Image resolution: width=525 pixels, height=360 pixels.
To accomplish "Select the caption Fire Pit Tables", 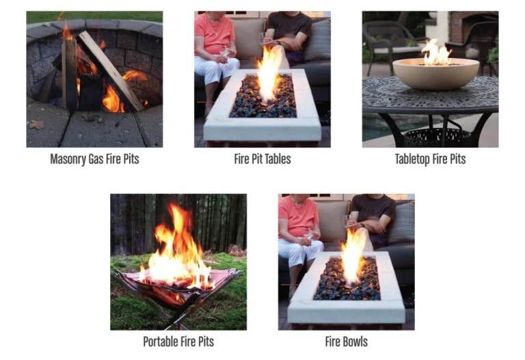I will (x=262, y=159).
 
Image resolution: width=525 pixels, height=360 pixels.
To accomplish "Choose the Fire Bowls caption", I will (x=346, y=342).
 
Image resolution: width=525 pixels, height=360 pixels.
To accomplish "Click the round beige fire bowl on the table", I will (x=435, y=73).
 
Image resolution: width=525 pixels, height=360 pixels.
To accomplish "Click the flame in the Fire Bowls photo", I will (x=353, y=254).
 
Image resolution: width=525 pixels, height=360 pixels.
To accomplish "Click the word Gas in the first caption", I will (x=105, y=159).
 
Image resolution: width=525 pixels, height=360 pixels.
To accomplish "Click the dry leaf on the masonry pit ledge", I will (x=36, y=124).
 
